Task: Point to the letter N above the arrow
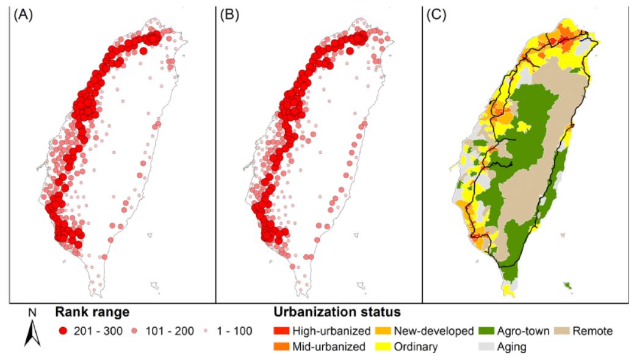pyautogui.click(x=32, y=313)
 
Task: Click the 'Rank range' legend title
pyautogui.click(x=93, y=312)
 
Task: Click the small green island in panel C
pyautogui.click(x=568, y=286)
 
